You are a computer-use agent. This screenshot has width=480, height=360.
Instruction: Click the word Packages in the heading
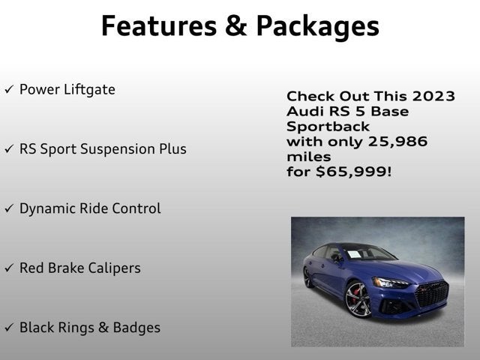click(317, 27)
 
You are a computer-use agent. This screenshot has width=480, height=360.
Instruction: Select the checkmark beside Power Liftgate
click(9, 90)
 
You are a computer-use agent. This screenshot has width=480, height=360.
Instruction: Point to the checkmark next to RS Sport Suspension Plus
click(9, 149)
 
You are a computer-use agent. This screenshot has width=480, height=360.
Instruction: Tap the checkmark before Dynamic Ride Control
click(9, 208)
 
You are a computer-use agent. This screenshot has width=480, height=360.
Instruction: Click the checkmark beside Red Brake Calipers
click(9, 268)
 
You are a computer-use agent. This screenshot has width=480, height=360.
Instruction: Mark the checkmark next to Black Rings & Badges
click(9, 328)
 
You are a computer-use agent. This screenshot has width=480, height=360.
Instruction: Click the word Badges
click(136, 328)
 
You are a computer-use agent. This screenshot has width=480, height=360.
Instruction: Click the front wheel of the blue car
click(358, 299)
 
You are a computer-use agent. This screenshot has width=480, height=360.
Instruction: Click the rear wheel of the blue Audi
click(309, 277)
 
